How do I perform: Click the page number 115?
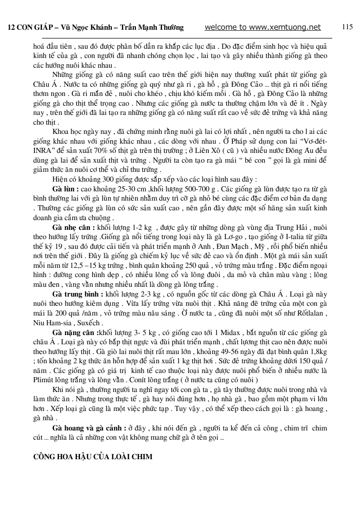click(347, 27)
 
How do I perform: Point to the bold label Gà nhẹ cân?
click(73, 226)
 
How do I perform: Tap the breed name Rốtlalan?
click(312, 313)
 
